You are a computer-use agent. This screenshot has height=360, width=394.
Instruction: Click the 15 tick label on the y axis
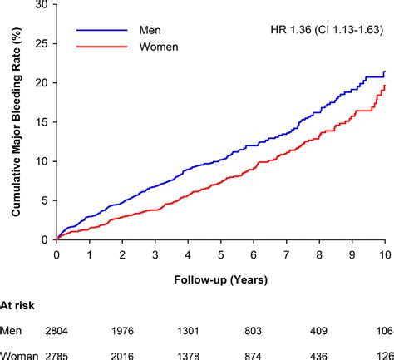[40, 122]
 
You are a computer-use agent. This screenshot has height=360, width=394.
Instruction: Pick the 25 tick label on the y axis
[40, 43]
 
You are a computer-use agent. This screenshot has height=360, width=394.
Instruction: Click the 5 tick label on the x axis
[220, 254]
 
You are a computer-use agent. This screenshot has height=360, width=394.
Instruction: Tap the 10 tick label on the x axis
[383, 254]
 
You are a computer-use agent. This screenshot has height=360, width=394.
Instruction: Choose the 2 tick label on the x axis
[122, 254]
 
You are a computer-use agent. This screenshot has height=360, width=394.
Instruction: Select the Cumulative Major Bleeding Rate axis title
[16, 122]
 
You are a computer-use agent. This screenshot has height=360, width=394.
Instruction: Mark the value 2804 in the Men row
[57, 333]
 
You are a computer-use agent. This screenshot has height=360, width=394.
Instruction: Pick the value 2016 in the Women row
[123, 354]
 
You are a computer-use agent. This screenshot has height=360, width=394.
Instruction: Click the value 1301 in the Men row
[188, 333]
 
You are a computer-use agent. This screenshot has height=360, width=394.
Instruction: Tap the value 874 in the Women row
[254, 354]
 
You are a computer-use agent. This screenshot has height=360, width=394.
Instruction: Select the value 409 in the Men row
[318, 333]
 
